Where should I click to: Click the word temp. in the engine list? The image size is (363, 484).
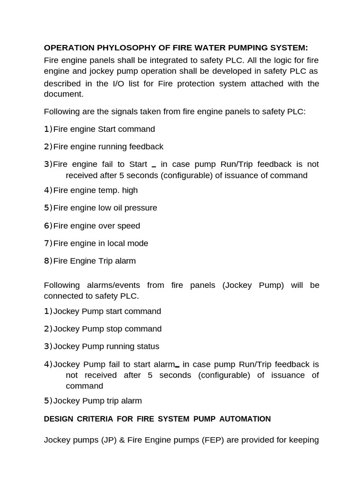pos(111,190)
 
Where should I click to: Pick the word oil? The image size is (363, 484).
pos(117,208)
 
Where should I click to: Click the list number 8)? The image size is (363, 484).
pos(48,261)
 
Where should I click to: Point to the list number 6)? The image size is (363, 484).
pos(48,226)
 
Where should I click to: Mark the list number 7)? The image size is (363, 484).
pos(48,243)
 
